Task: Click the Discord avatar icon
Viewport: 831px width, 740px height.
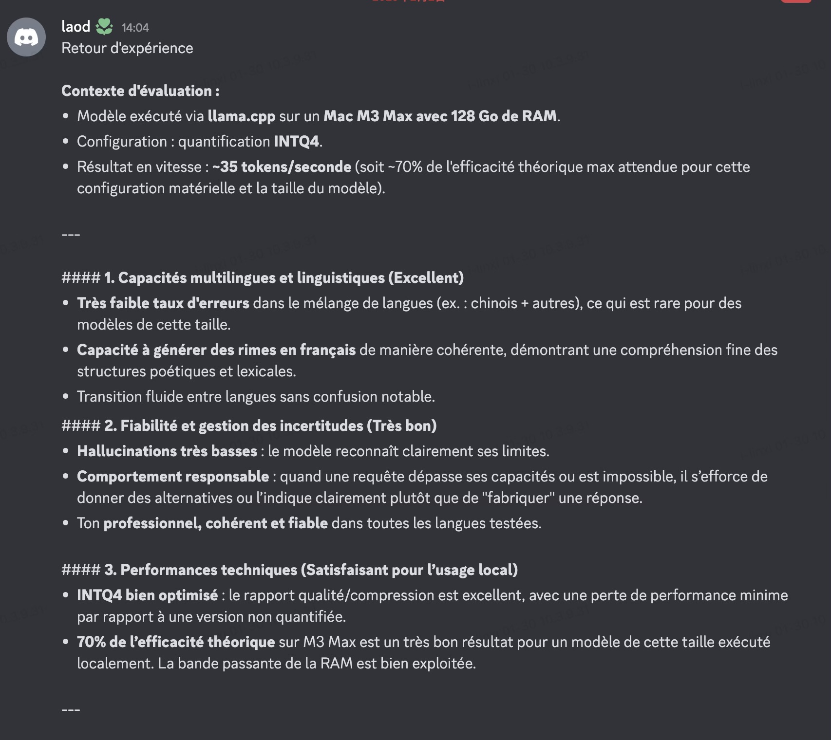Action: (x=26, y=37)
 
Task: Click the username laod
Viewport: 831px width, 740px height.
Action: (x=76, y=26)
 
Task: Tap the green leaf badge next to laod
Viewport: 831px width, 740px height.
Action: (x=104, y=26)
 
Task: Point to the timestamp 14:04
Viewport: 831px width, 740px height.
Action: (x=135, y=28)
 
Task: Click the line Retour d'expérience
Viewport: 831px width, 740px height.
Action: (x=127, y=48)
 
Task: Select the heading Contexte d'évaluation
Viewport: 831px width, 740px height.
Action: (x=140, y=91)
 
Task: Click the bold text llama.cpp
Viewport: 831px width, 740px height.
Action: (x=241, y=116)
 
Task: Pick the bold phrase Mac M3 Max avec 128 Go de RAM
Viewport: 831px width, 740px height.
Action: (x=440, y=116)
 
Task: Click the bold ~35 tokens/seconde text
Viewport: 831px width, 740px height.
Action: (x=282, y=167)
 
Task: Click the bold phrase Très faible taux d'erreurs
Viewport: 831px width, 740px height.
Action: (x=163, y=303)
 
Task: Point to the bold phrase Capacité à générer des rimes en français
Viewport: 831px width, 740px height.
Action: (x=216, y=350)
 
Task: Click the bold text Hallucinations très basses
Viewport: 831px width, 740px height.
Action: (x=167, y=451)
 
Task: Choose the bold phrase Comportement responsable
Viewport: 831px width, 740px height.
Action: (x=173, y=477)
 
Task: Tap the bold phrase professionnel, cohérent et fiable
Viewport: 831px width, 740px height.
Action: (x=215, y=523)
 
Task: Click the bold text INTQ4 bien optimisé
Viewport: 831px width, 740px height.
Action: (x=147, y=595)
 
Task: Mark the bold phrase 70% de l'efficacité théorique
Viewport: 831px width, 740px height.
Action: (x=176, y=642)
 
